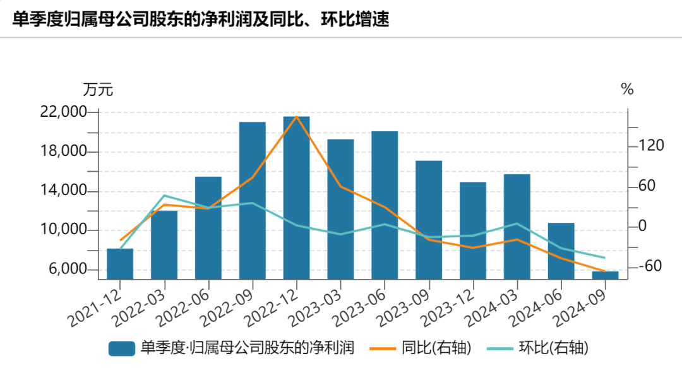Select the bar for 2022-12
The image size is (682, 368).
point(296,198)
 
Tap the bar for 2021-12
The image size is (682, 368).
point(120,264)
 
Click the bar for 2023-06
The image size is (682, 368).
point(385,205)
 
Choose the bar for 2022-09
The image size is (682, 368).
point(252,200)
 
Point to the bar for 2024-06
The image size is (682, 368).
point(561,251)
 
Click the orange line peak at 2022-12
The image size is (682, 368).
point(296,117)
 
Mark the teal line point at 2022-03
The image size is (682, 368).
point(164,196)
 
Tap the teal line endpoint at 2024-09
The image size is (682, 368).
point(605,258)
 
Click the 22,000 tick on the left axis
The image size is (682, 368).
point(62,112)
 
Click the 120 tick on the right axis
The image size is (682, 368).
point(651,146)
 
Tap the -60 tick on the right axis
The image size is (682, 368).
point(650,266)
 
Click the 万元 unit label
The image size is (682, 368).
point(98,90)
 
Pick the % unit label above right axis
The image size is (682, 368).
point(627,90)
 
